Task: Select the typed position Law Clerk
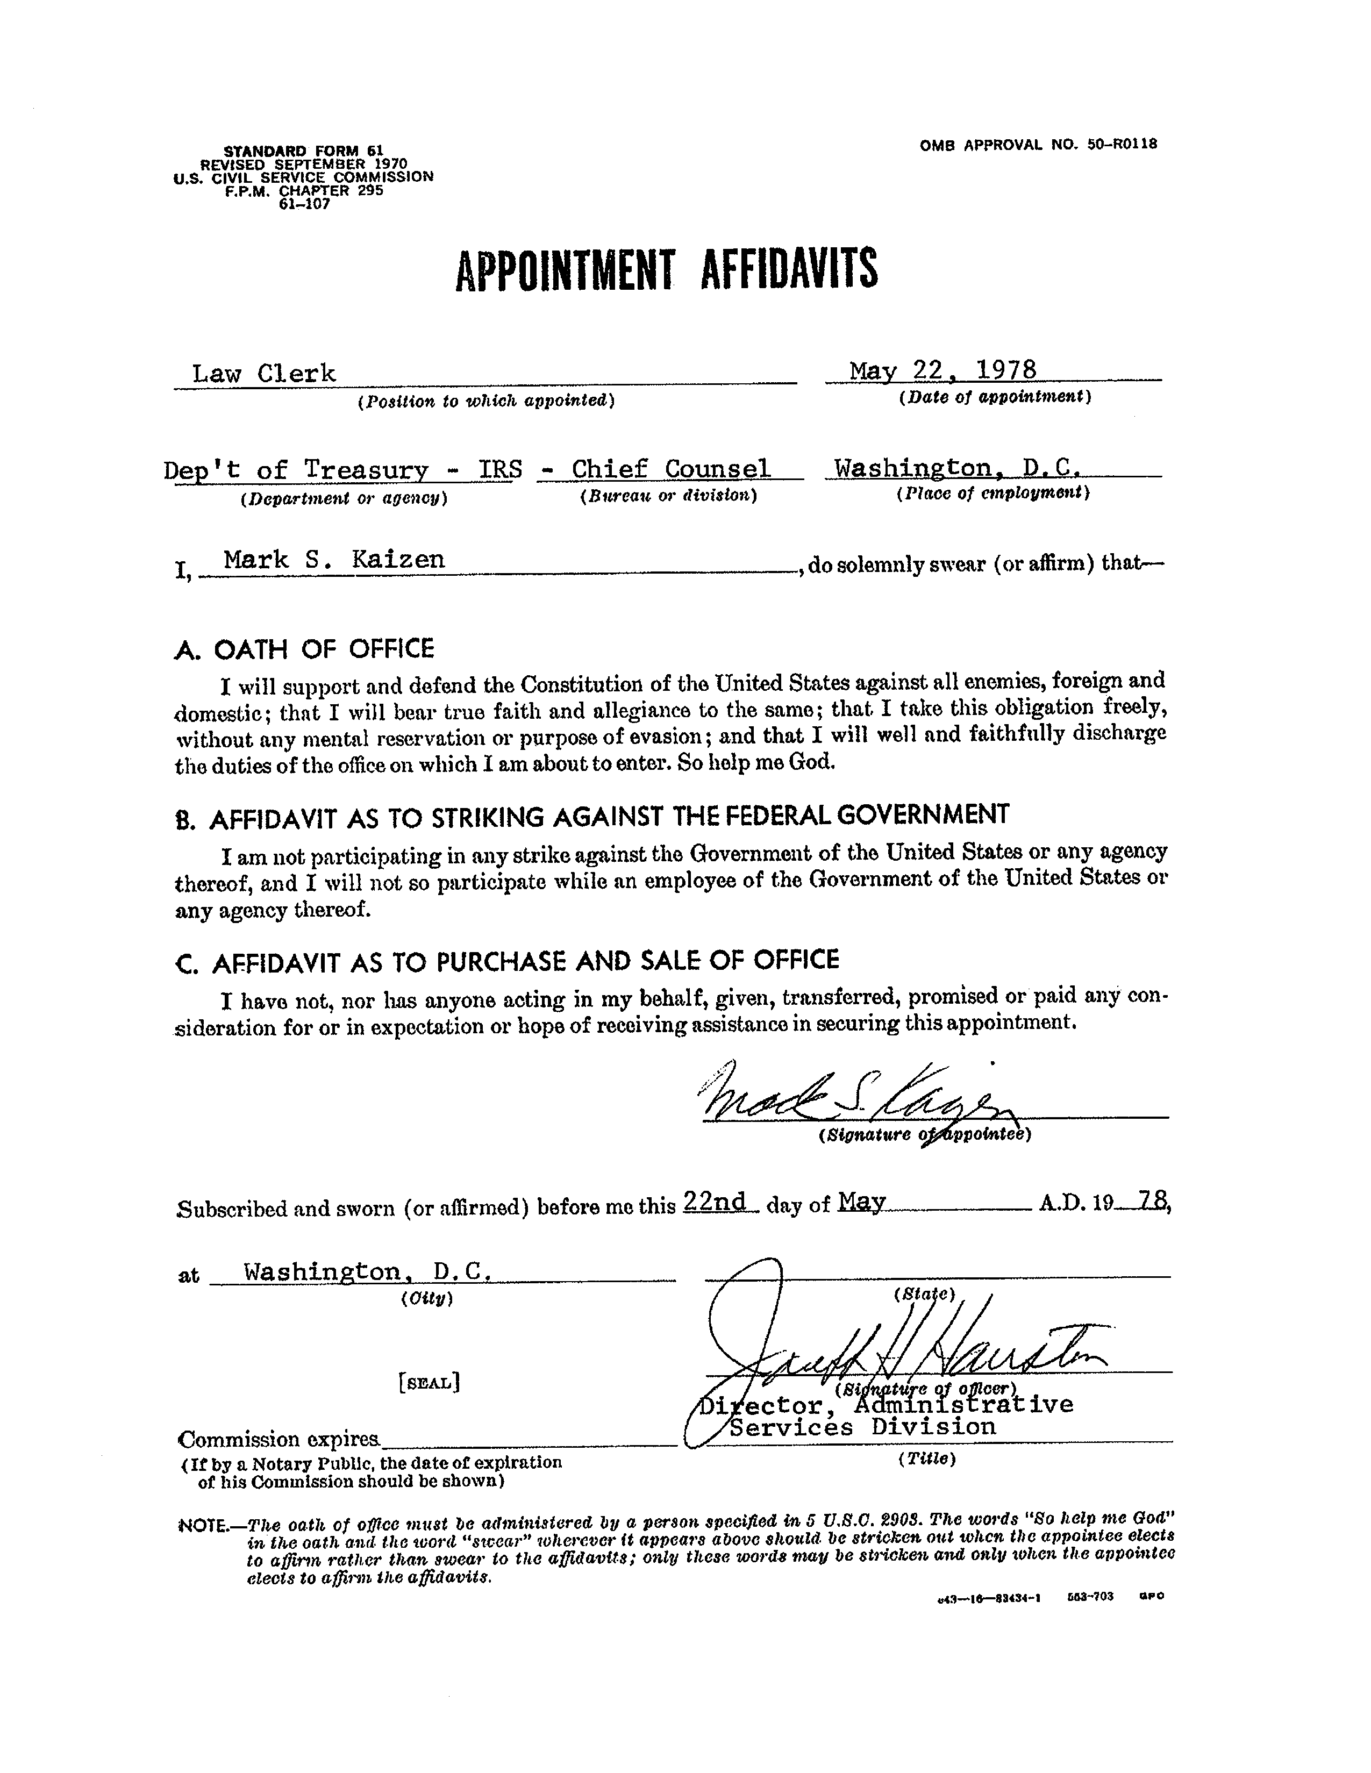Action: pos(264,374)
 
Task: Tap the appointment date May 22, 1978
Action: pos(942,370)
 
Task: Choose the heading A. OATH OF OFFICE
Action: pos(304,649)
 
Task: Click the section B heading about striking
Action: pos(592,816)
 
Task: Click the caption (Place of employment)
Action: pos(992,493)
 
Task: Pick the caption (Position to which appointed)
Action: pos(485,400)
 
